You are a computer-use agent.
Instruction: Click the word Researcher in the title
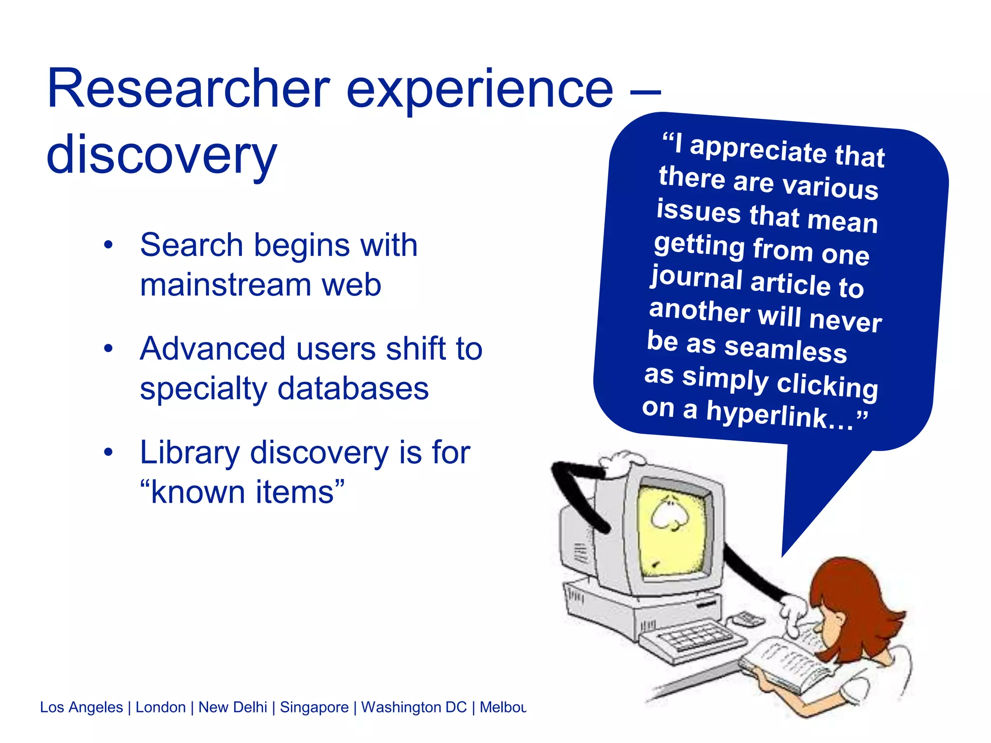click(189, 89)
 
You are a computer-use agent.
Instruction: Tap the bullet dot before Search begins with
click(108, 245)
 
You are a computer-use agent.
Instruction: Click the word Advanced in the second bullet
click(212, 349)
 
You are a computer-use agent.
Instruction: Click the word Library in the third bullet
click(190, 453)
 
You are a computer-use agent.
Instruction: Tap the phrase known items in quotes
click(242, 492)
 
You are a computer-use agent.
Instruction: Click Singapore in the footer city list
click(314, 707)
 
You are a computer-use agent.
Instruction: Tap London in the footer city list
click(160, 707)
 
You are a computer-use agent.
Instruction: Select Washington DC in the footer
click(414, 707)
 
